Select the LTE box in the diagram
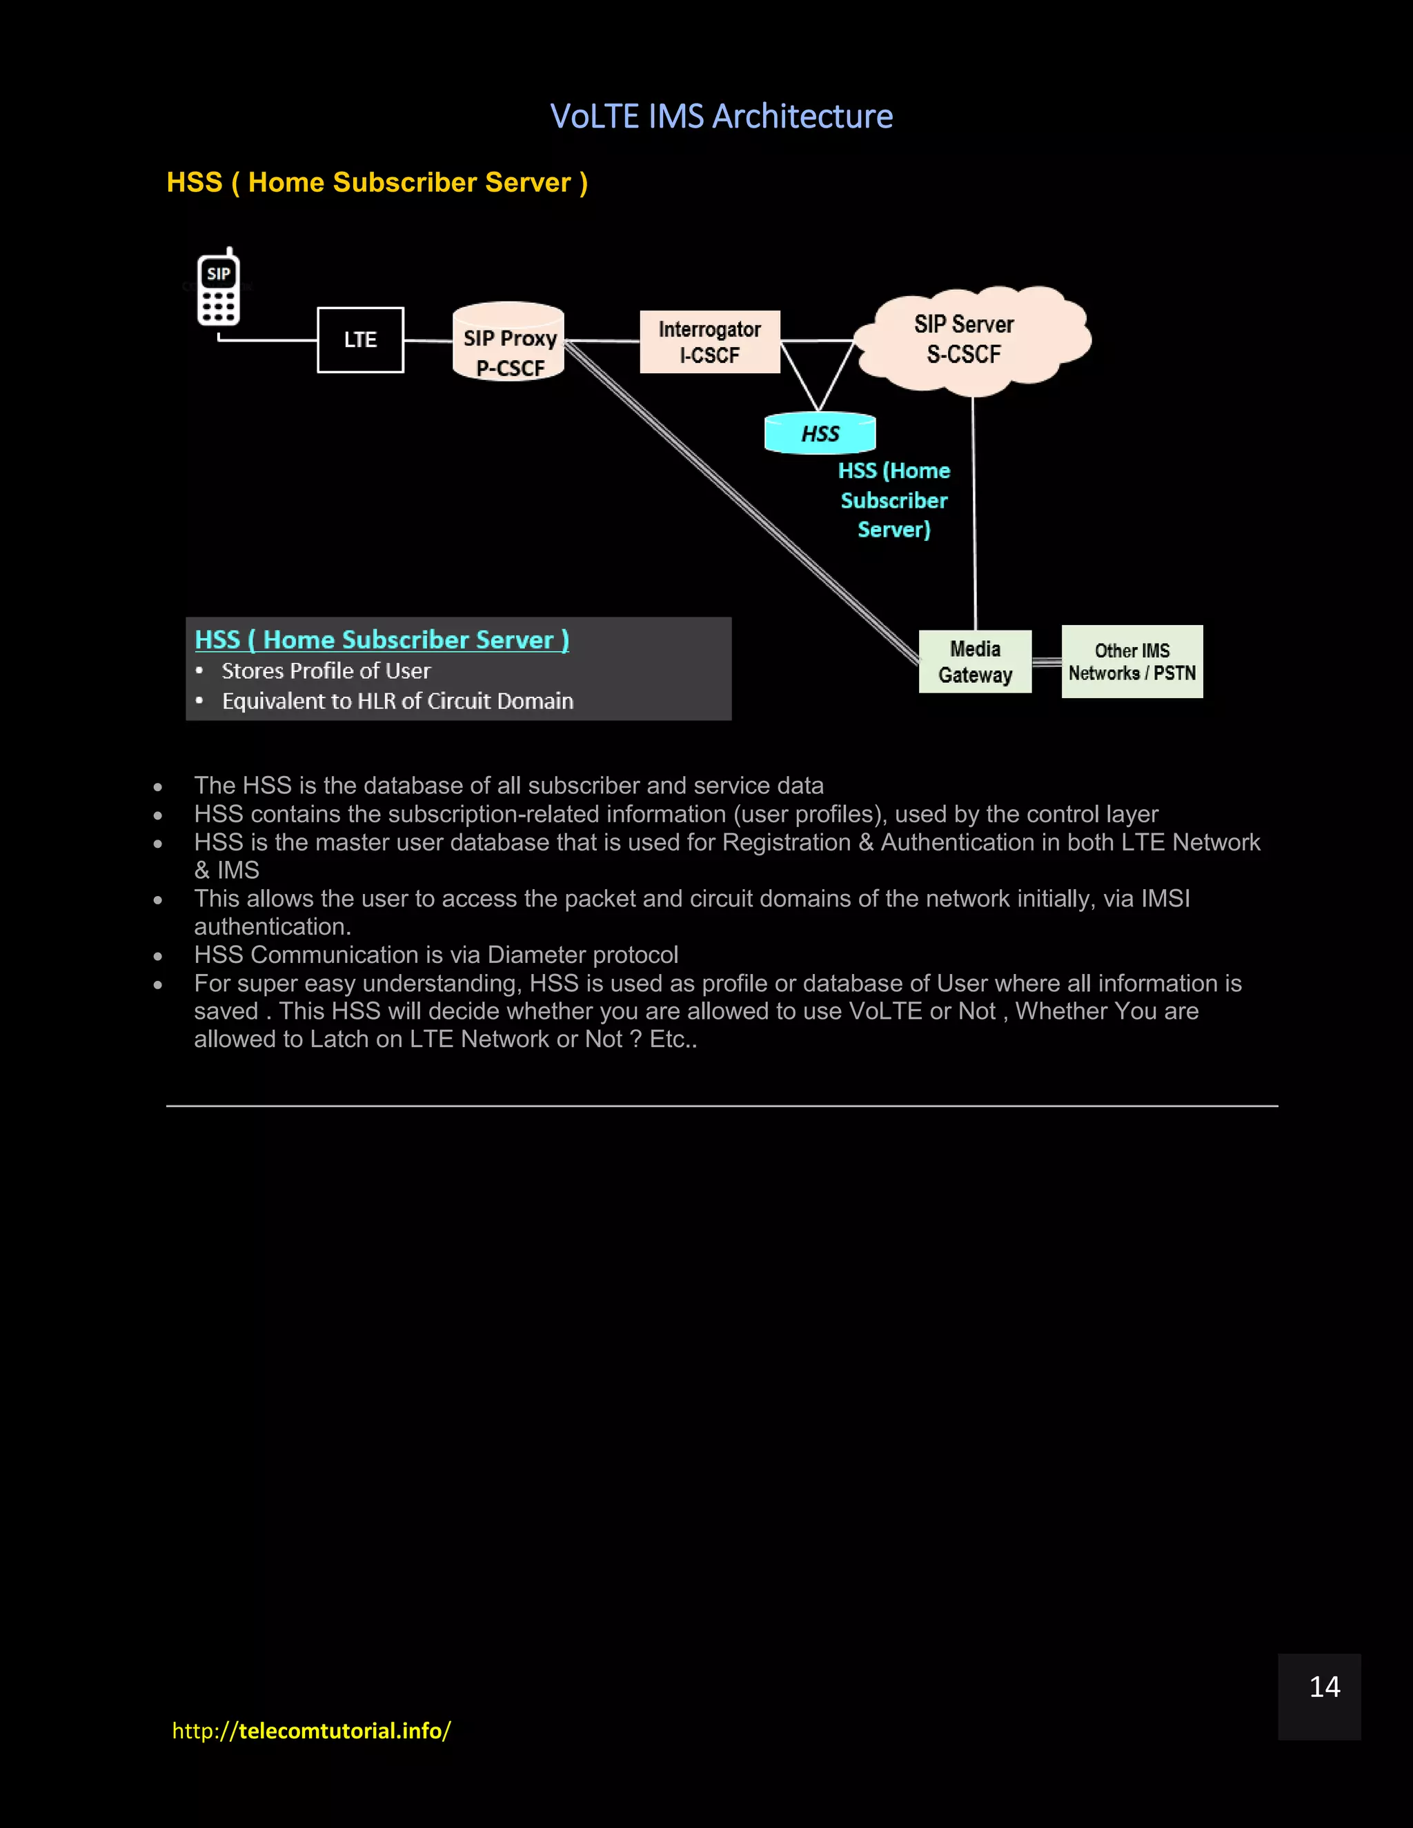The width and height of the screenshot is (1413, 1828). (x=360, y=340)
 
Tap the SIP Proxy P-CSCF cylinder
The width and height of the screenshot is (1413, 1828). (x=508, y=342)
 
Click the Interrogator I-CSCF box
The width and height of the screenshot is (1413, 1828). (x=710, y=341)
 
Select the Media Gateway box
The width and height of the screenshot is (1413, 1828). (x=975, y=662)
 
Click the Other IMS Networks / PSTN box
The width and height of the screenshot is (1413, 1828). (x=1132, y=662)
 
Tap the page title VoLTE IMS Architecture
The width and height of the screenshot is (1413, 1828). (x=721, y=117)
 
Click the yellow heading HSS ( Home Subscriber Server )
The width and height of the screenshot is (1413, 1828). (x=377, y=183)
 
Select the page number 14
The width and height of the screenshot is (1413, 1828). (x=1324, y=1687)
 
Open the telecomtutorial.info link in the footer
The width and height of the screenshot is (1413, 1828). (x=311, y=1730)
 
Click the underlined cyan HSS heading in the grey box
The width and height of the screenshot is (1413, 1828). (x=382, y=640)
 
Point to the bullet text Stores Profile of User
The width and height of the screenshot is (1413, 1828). (x=326, y=671)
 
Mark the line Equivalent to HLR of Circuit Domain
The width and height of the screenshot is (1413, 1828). (x=397, y=702)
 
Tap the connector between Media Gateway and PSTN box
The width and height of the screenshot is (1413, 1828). (x=1047, y=662)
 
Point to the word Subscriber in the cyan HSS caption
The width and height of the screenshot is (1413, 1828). (x=894, y=501)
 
